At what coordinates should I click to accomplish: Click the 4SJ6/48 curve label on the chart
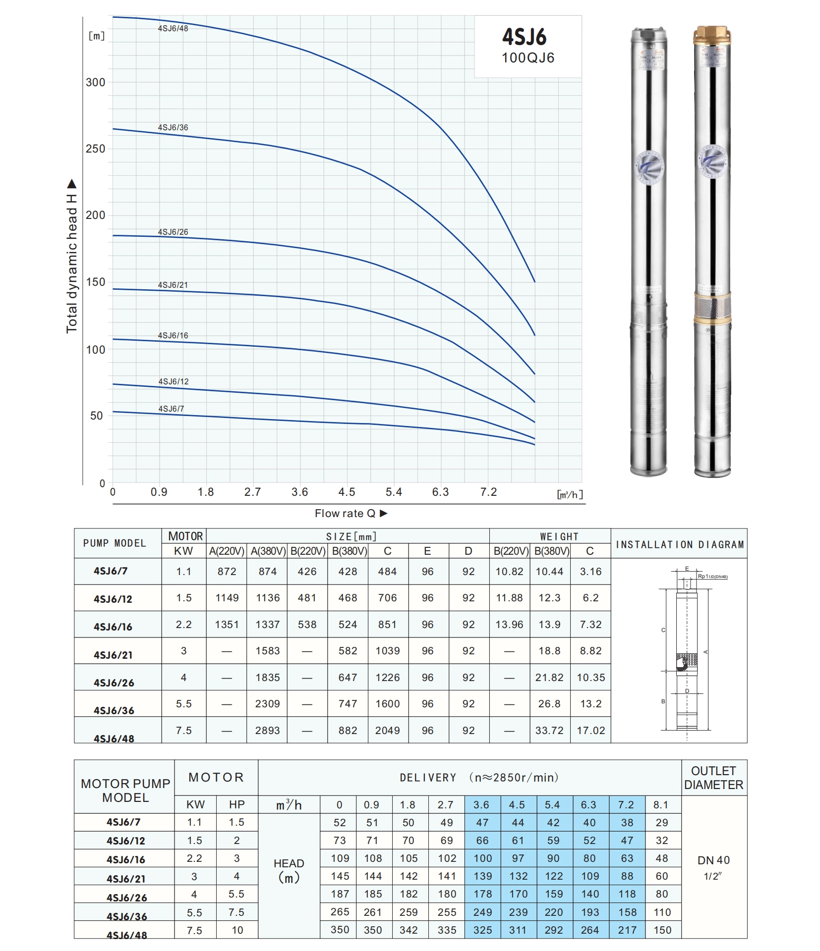173,29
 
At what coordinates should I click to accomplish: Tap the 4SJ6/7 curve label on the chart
171,409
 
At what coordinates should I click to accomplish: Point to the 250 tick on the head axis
95,149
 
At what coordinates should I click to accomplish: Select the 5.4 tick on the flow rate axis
394,492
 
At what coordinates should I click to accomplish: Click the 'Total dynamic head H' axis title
72,256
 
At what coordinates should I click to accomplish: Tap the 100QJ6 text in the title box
527,58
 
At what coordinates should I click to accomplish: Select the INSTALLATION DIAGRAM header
680,544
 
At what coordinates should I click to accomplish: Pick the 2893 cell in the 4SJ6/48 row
267,730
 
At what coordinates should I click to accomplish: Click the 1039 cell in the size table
387,651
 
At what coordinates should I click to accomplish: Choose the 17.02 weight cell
590,730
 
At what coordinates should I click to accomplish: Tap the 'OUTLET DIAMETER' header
713,778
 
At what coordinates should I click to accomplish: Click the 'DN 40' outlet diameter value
713,860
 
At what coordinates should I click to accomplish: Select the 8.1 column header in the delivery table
660,805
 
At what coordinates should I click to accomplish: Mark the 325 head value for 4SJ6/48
482,930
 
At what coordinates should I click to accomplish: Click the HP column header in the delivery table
236,805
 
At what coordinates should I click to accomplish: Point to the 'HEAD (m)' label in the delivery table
289,870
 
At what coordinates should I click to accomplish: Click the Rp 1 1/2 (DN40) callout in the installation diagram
712,577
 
